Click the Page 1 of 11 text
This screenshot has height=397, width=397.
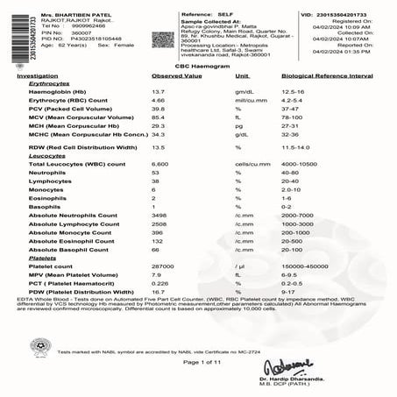pos(198,361)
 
